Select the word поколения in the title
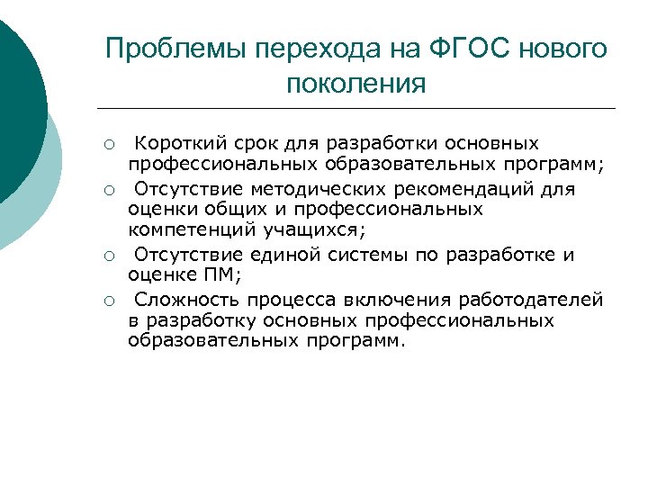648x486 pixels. (x=355, y=85)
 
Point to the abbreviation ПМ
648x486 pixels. (x=214, y=276)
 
